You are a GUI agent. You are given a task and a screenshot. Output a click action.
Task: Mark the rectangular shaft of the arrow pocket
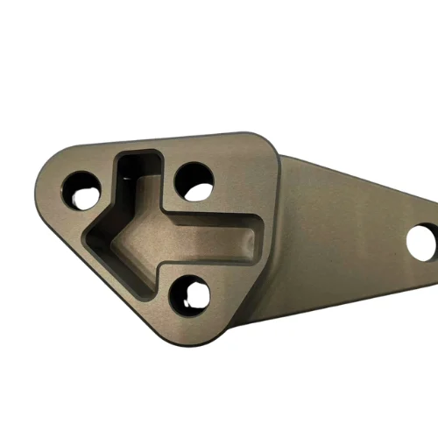click(210, 235)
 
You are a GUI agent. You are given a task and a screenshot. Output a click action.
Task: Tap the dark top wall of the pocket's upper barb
click(138, 156)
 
